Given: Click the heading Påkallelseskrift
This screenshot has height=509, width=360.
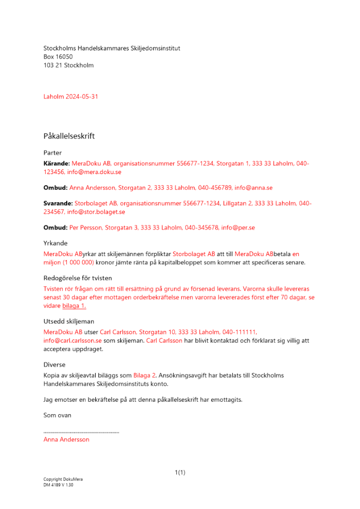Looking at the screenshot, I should click(69, 136).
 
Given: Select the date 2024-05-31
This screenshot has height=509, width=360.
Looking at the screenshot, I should click(82, 97).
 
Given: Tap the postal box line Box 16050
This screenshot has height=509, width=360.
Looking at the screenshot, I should click(58, 57).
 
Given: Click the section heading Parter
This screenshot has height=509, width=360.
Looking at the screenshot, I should click(52, 153).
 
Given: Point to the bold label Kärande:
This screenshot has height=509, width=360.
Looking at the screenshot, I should click(56, 164).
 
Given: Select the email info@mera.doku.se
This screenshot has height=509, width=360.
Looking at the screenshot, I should click(94, 173).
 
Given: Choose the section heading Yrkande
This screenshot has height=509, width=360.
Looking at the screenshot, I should click(56, 243).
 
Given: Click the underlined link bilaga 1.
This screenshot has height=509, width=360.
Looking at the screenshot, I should click(74, 306).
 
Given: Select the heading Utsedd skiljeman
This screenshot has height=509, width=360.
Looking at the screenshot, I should click(69, 322).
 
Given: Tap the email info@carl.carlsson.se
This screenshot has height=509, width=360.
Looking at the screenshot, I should click(72, 341).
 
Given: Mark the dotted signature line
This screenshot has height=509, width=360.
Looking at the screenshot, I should click(81, 432).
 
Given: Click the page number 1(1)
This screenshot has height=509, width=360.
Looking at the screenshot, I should click(180, 473).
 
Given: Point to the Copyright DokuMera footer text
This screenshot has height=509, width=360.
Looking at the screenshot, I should click(63, 479).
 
